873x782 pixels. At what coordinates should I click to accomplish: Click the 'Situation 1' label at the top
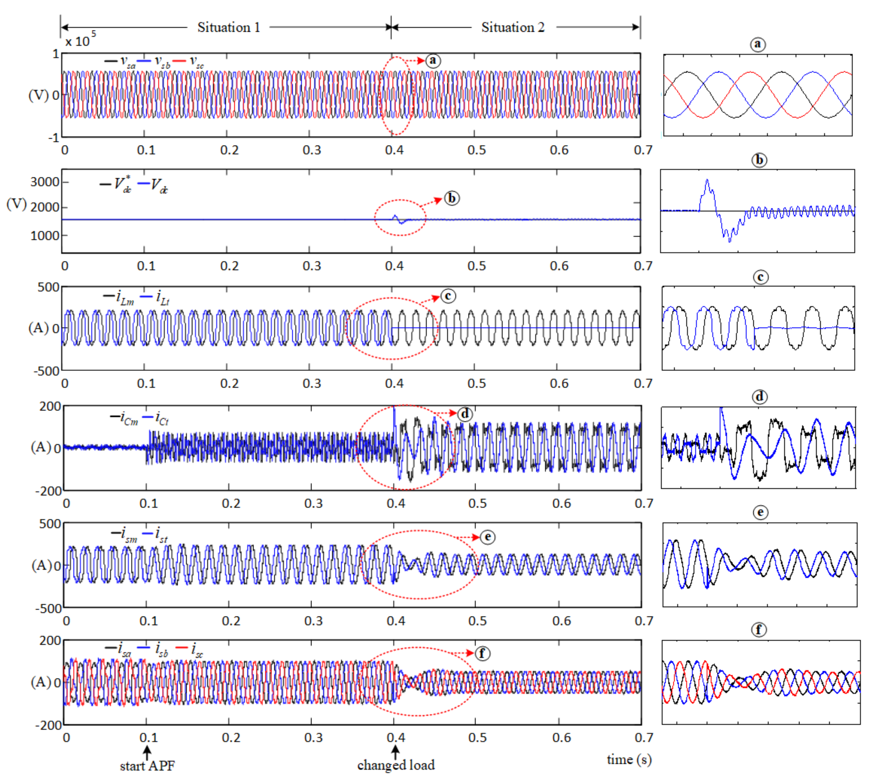229,28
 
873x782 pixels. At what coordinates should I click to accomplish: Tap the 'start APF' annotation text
147,766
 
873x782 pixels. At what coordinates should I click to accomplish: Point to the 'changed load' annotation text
396,765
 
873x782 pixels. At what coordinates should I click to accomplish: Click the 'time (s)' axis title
629,760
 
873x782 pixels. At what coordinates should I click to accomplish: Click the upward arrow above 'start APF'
147,752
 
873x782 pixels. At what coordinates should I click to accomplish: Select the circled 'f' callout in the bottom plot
482,654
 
